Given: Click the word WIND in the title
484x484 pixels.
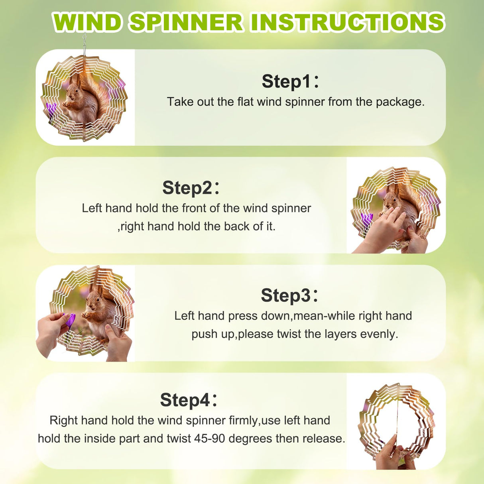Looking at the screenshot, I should click(87, 22).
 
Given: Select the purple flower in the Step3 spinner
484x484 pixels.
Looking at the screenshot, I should click(70, 320).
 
